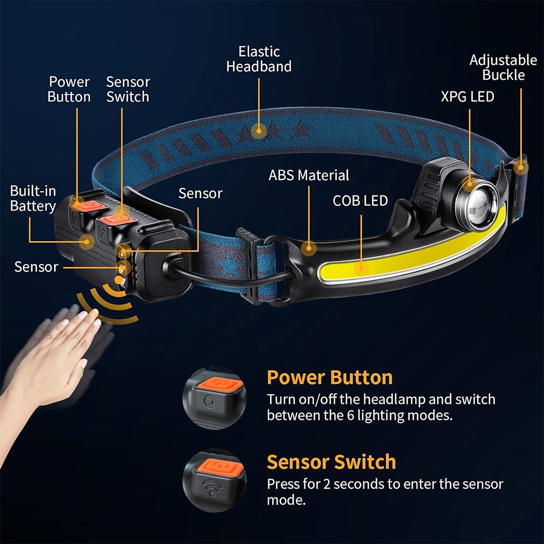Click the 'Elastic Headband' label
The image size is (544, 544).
259,59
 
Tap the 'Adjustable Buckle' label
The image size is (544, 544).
503,67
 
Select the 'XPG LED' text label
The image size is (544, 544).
467,97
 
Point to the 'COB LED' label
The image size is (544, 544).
360,200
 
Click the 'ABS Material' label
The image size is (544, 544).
309,175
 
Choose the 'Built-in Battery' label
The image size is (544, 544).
33,199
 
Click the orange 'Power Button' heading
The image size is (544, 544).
329,378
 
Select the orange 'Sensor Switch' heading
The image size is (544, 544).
331,462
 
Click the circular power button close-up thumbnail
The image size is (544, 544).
215,398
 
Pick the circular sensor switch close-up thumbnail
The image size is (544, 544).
215,480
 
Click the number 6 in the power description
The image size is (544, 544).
351,415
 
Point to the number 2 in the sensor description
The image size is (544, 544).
327,484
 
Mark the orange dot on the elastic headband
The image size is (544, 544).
259,132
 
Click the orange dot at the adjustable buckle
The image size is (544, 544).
521,167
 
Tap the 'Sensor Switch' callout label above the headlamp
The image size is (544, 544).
127,89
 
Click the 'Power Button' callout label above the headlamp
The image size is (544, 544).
69,89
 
